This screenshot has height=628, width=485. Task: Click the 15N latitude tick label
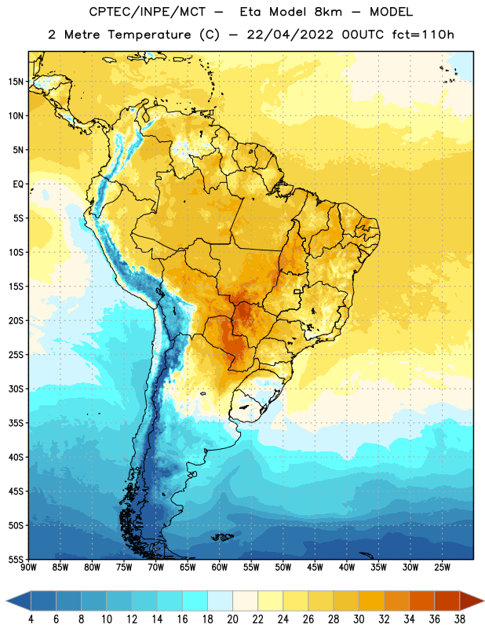(x=16, y=82)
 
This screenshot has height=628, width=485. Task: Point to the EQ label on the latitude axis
(x=18, y=184)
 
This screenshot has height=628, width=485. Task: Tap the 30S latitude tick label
(x=16, y=389)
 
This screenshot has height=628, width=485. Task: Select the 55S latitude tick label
(x=16, y=560)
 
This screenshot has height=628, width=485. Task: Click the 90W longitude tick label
(x=28, y=568)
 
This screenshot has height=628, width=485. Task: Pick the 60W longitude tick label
(x=220, y=568)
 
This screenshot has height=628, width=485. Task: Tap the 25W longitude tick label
(x=442, y=568)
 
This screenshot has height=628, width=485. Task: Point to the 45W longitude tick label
(x=315, y=568)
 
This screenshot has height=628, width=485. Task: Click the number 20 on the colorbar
(x=232, y=619)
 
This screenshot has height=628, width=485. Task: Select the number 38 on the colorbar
(x=460, y=619)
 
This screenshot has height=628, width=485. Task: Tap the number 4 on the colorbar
(x=31, y=619)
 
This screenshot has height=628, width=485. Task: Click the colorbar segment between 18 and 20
(x=220, y=601)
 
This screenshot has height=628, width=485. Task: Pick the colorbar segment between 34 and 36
(x=421, y=601)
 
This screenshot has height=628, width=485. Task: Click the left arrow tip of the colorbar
(x=6, y=601)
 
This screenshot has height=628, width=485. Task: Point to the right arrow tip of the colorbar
(x=483, y=601)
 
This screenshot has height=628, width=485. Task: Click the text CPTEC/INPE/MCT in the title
(x=147, y=12)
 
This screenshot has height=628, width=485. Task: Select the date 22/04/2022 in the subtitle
(x=290, y=35)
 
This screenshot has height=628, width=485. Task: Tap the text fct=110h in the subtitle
(x=423, y=35)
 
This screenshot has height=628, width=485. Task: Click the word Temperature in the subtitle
(x=149, y=35)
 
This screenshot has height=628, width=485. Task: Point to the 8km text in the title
(x=328, y=12)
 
